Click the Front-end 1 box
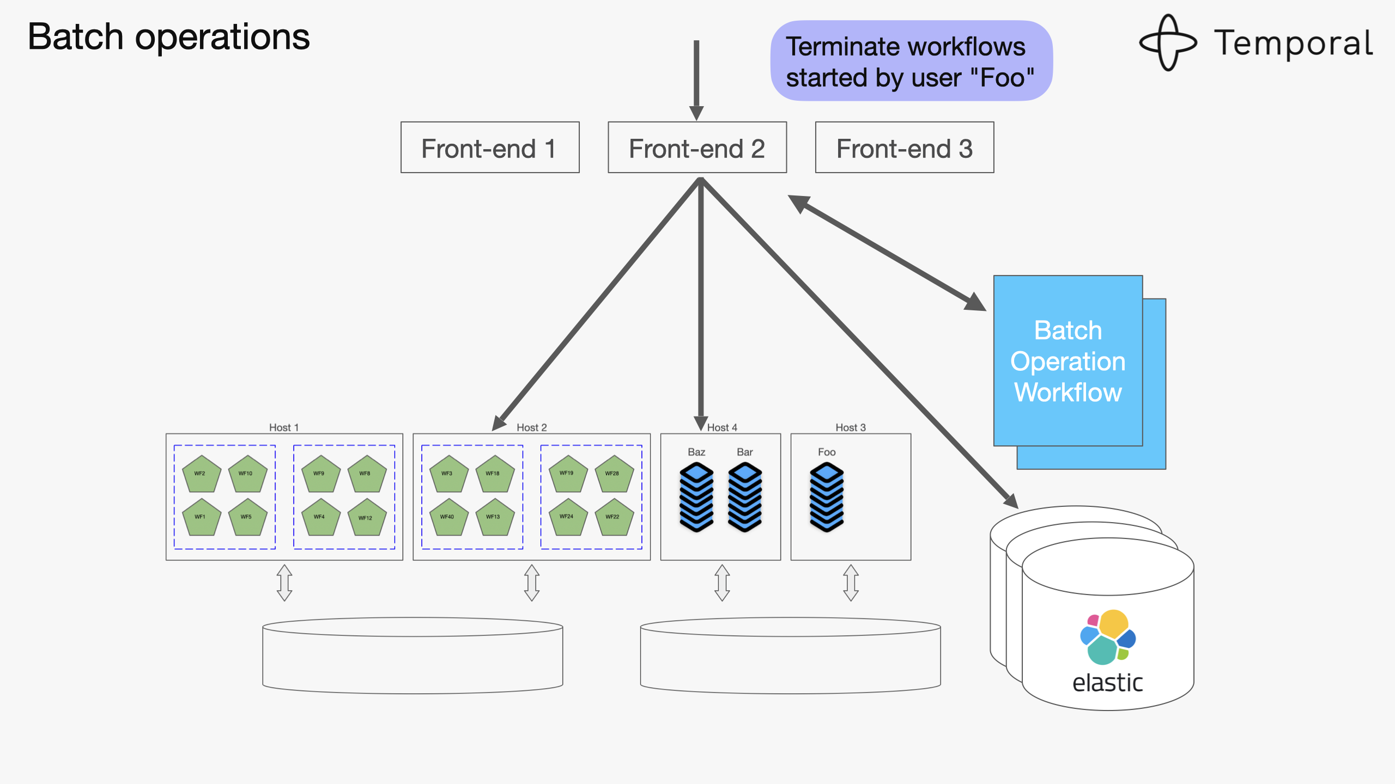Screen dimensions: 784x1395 pos(490,148)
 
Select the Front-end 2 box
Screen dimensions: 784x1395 pos(697,148)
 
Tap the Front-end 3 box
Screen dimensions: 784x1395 pos(905,148)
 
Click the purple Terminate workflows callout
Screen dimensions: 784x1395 pos(911,61)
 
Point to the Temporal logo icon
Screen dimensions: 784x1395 pos(1168,42)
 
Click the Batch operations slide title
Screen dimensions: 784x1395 pos(169,37)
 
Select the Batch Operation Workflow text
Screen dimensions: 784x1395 pos(1068,362)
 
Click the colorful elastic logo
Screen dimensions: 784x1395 pos(1108,637)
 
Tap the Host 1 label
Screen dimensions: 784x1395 pos(284,427)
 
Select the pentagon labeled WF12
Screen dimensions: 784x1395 pos(367,517)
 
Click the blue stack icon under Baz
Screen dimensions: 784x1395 pos(696,497)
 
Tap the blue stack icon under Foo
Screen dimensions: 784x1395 pos(827,497)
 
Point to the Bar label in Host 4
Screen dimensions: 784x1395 pos(744,452)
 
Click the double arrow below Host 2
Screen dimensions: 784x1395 pos(532,583)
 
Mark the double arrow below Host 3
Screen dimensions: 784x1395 pos(851,583)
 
